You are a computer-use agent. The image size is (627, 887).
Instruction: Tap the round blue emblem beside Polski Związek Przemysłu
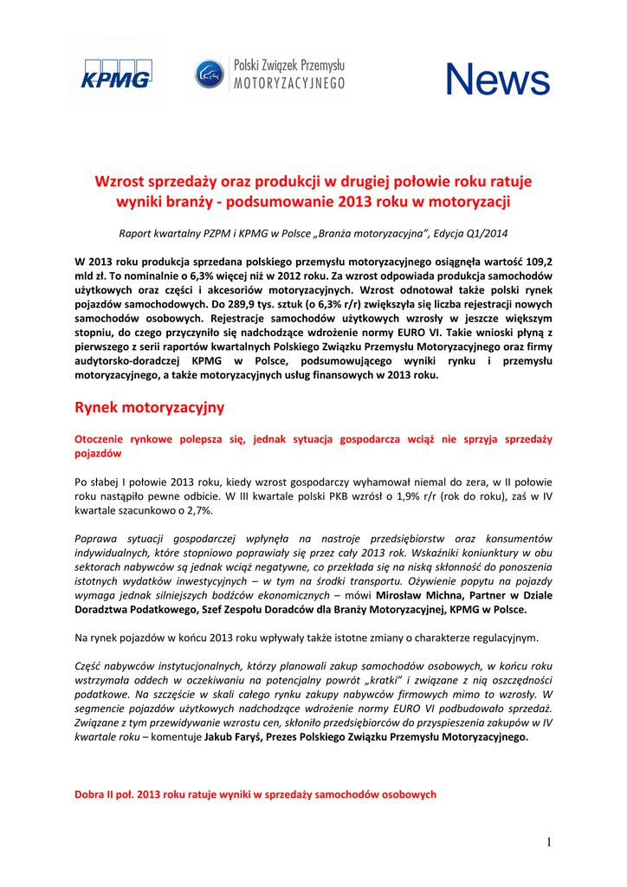(209, 74)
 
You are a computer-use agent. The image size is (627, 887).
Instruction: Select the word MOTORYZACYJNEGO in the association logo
(290, 83)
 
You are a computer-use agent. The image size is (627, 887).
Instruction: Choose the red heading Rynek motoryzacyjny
(150, 406)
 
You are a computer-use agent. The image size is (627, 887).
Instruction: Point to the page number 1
(548, 843)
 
